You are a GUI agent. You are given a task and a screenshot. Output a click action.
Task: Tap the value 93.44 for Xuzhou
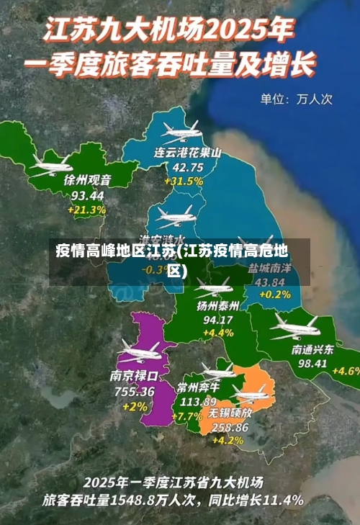click(88, 195)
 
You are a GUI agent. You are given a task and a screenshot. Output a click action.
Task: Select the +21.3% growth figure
click(88, 210)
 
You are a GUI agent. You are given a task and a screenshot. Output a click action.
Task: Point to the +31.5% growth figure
click(184, 181)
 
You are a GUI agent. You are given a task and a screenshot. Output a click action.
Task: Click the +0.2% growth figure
click(274, 295)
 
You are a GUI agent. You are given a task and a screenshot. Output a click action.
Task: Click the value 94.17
click(218, 319)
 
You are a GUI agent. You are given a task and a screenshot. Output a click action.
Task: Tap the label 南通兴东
click(312, 349)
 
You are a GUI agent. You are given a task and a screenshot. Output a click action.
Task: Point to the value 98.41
click(312, 363)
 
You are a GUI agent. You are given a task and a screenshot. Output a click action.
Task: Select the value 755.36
click(135, 391)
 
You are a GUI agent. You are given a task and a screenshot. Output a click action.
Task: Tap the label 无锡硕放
click(230, 413)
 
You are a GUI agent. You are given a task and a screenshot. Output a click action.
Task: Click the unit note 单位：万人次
click(295, 99)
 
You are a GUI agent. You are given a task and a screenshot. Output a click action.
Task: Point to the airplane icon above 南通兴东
click(294, 328)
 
